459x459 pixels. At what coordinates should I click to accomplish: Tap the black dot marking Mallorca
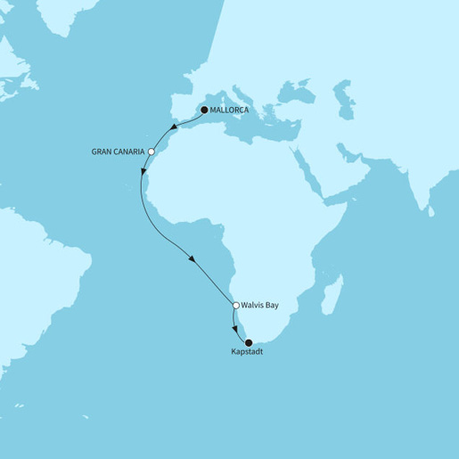pyautogui.click(x=203, y=110)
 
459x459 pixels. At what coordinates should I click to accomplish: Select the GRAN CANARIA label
pyautogui.click(x=119, y=152)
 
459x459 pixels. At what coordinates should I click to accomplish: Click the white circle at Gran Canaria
pyautogui.click(x=152, y=152)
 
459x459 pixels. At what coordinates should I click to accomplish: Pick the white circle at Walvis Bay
pyautogui.click(x=235, y=306)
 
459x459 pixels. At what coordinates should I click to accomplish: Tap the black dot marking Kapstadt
pyautogui.click(x=249, y=342)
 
